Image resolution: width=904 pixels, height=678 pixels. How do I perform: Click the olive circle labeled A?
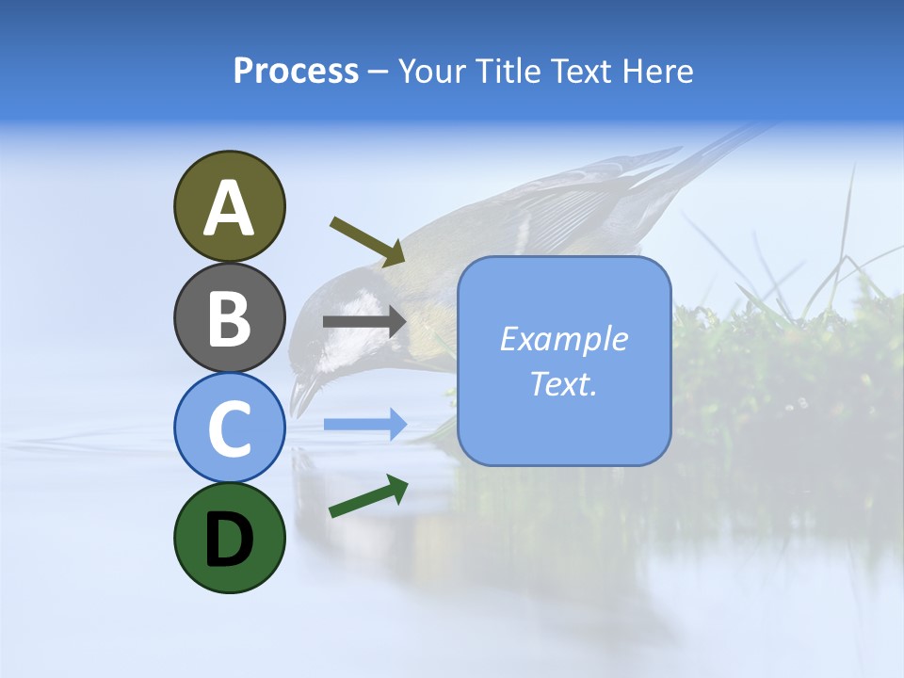pyautogui.click(x=229, y=206)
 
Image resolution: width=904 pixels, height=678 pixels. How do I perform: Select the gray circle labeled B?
pyautogui.click(x=229, y=317)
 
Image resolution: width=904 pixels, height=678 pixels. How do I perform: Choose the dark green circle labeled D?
pyautogui.click(x=229, y=538)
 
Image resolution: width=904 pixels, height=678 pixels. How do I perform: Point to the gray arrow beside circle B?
pyautogui.click(x=364, y=322)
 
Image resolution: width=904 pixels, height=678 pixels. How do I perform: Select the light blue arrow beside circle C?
pyautogui.click(x=364, y=424)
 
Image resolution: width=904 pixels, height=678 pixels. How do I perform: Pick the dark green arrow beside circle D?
pyautogui.click(x=368, y=497)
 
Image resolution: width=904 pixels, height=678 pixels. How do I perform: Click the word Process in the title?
pyautogui.click(x=296, y=72)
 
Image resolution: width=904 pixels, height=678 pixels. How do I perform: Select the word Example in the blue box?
pyautogui.click(x=563, y=339)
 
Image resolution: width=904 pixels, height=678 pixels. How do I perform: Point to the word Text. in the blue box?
pyautogui.click(x=563, y=384)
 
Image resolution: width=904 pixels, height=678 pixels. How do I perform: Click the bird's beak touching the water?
pyautogui.click(x=300, y=395)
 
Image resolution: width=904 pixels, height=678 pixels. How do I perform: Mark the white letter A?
pyautogui.click(x=229, y=207)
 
